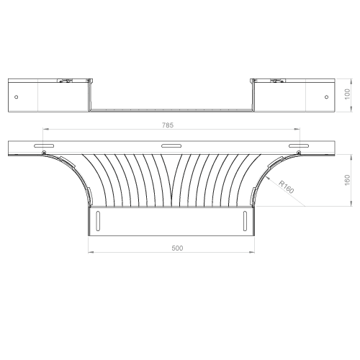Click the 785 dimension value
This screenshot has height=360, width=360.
(x=168, y=125)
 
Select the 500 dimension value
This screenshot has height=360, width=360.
(x=177, y=248)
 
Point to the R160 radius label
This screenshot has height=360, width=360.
(x=286, y=186)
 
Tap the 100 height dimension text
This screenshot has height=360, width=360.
(x=347, y=94)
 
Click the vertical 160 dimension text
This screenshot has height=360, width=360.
(x=347, y=180)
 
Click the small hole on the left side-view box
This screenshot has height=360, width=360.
(x=17, y=97)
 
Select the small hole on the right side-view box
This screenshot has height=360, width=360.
(x=326, y=97)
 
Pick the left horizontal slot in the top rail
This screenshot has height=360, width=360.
(x=44, y=145)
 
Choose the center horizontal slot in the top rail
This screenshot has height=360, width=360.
(x=171, y=145)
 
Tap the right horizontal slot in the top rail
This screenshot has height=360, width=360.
(x=299, y=145)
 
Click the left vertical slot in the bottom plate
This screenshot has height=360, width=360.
(x=98, y=221)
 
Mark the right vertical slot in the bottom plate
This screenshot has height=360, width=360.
(x=245, y=221)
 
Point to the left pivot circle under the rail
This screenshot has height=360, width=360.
(x=44, y=153)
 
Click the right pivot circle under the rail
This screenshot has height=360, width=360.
(x=299, y=152)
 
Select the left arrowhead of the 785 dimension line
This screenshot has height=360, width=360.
(x=45, y=129)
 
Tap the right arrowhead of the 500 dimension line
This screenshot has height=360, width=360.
(x=252, y=252)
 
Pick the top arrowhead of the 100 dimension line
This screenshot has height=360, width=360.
(x=351, y=81)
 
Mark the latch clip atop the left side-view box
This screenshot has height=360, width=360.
(x=65, y=81)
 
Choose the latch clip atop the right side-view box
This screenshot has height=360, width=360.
(x=277, y=81)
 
